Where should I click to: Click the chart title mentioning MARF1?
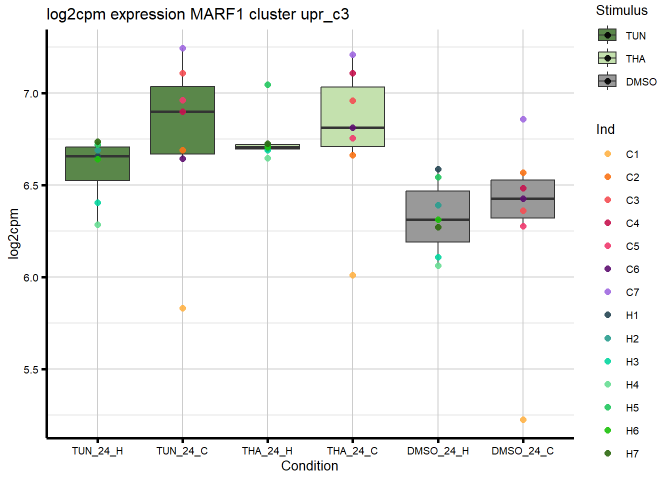(197, 14)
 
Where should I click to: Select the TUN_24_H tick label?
(97, 451)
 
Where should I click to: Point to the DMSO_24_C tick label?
(522, 451)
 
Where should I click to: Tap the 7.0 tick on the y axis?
(31, 94)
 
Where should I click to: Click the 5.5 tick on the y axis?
(31, 370)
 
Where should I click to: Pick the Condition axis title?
(309, 466)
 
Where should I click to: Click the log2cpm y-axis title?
(13, 233)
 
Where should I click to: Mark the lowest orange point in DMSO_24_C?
(523, 420)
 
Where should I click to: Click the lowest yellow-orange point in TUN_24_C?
(182, 308)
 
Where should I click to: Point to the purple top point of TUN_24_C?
(182, 48)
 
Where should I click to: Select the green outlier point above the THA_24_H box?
(267, 85)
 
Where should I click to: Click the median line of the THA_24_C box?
(352, 128)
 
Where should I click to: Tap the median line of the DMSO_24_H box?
(437, 219)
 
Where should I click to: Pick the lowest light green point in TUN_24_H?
(97, 225)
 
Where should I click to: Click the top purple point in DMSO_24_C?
(523, 119)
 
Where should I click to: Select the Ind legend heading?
(605, 129)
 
